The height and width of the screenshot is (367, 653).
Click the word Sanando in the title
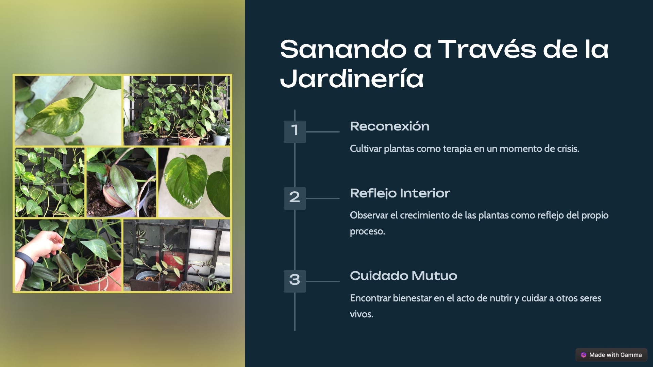pyautogui.click(x=343, y=49)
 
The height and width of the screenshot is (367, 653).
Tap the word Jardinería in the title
pyautogui.click(x=352, y=78)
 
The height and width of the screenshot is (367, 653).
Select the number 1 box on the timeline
pyautogui.click(x=295, y=132)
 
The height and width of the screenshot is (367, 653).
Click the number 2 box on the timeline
pyautogui.click(x=295, y=198)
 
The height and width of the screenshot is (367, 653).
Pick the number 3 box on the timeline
pyautogui.click(x=295, y=281)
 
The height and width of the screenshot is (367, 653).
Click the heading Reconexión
pyautogui.click(x=390, y=126)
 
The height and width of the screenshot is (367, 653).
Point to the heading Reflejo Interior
pyautogui.click(x=400, y=193)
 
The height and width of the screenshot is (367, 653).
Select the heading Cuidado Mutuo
pyautogui.click(x=403, y=276)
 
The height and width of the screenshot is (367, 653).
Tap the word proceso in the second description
pyautogui.click(x=367, y=231)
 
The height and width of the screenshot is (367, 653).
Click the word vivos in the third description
pyautogui.click(x=362, y=314)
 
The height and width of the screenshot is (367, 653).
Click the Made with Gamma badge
pyautogui.click(x=611, y=355)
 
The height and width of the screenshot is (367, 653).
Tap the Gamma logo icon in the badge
pyautogui.click(x=584, y=355)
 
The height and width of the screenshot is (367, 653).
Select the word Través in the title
pyautogui.click(x=487, y=49)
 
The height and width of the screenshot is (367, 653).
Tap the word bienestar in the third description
pyautogui.click(x=412, y=298)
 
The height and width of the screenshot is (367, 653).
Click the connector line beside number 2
pyautogui.click(x=323, y=198)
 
